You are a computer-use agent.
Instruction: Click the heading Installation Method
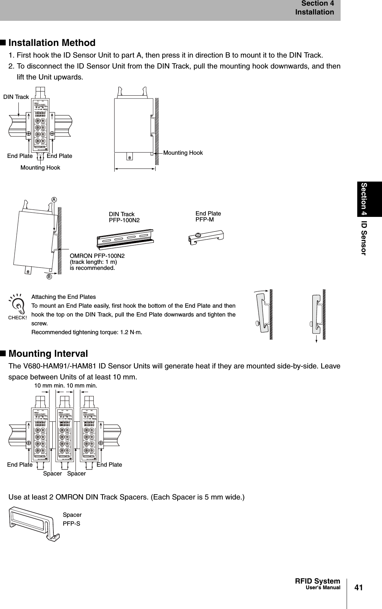(x=52, y=43)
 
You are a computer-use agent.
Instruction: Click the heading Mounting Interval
(x=48, y=354)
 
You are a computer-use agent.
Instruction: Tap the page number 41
(x=359, y=587)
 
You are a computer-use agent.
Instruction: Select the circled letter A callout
(x=54, y=199)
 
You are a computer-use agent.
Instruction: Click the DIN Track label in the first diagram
(x=16, y=97)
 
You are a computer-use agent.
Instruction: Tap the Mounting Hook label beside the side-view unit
(x=183, y=153)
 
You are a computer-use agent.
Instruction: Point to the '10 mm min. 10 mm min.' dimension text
(x=65, y=386)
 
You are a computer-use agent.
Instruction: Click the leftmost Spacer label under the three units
(x=52, y=473)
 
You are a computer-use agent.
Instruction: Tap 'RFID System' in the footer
(x=317, y=581)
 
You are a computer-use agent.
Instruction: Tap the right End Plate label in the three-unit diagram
(x=109, y=465)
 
